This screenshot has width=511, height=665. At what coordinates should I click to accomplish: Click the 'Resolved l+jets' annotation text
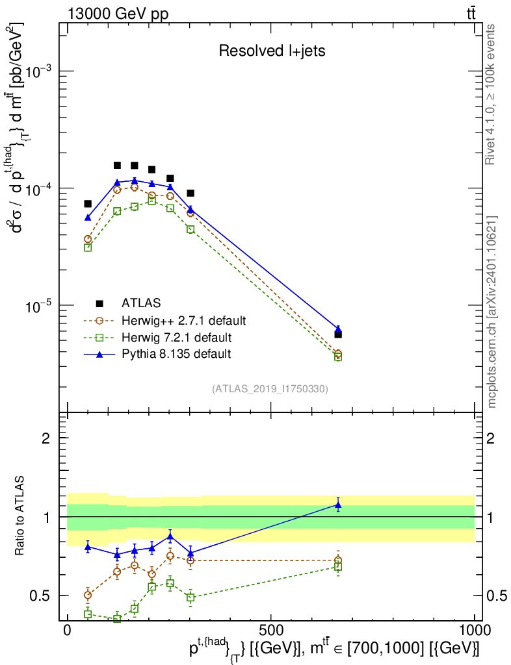272,51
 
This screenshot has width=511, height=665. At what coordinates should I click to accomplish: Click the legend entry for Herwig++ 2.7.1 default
165,320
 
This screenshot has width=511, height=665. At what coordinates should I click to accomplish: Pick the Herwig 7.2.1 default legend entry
158,338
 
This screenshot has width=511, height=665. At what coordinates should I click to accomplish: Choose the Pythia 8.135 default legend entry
157,354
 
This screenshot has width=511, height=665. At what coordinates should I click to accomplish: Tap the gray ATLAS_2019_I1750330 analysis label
270,389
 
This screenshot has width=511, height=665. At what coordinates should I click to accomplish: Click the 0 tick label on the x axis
67,630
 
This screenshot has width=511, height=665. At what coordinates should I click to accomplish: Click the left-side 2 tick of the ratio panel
46,438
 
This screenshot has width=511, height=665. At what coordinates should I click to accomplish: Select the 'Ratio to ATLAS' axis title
20,516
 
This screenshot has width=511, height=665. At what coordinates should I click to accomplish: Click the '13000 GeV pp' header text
118,14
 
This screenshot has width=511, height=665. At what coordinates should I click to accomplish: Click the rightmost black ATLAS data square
338,334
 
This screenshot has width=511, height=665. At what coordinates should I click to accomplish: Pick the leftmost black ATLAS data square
88,204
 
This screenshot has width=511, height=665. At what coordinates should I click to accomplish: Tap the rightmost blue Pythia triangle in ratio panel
338,505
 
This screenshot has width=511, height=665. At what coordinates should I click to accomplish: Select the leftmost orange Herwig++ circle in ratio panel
88,595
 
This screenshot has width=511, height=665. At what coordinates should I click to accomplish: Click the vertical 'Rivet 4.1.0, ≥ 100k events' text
490,95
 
